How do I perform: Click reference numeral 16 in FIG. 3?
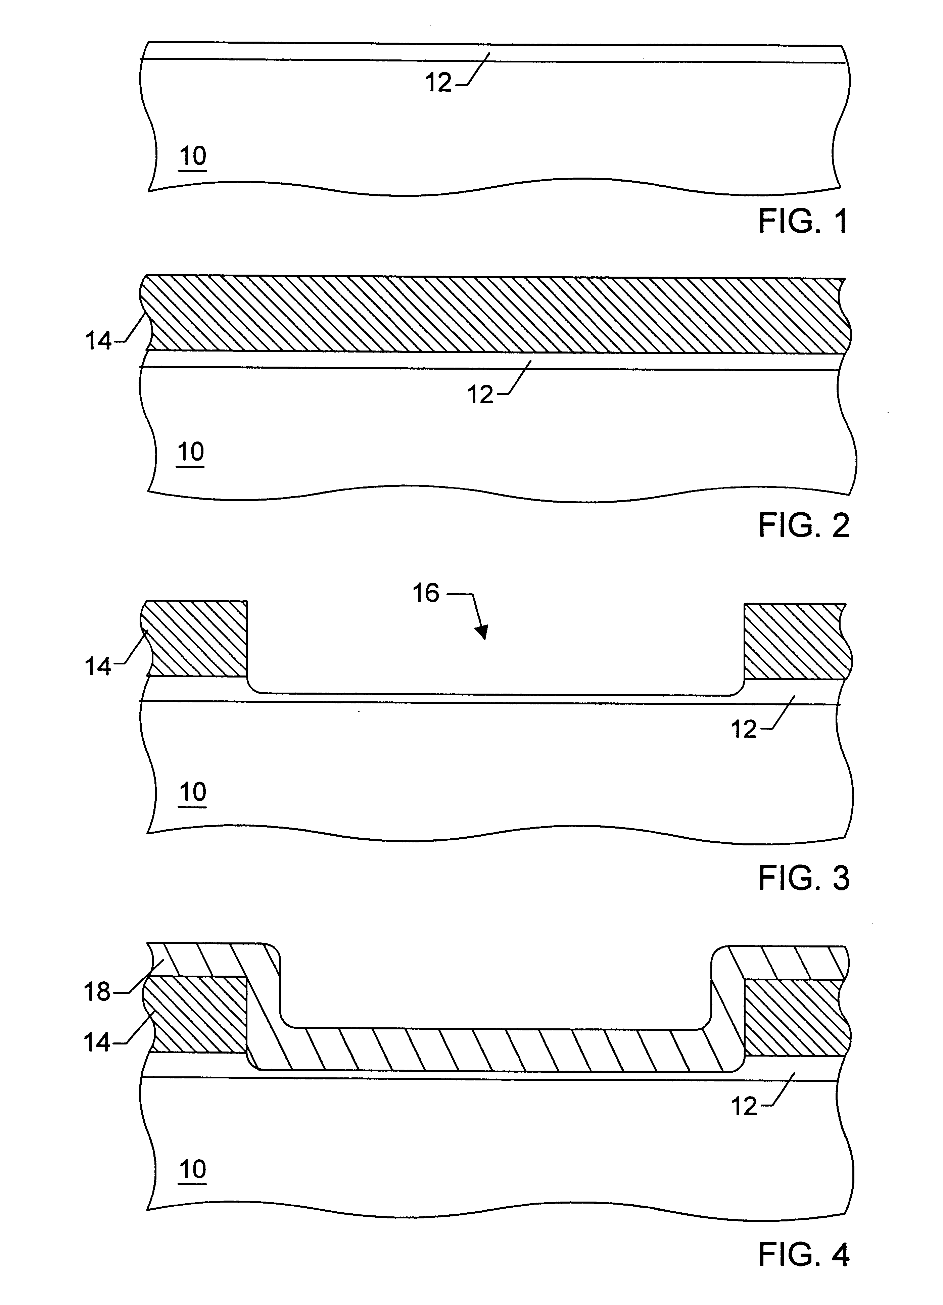pos(426,593)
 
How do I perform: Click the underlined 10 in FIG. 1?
pos(193,156)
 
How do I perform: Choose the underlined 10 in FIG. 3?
pos(193,792)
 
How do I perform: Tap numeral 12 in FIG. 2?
pos(480,395)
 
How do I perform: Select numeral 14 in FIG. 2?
pos(98,341)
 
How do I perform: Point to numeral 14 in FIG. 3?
pos(98,667)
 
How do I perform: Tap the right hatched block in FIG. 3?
pos(795,641)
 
